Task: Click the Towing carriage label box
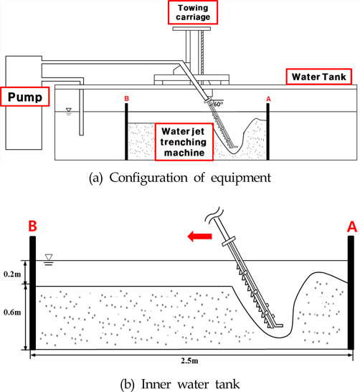point(193,12)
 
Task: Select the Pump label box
point(25,97)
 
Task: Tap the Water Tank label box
point(319,77)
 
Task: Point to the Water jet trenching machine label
point(184,142)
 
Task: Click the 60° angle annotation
point(218,104)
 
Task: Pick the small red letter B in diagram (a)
point(127,99)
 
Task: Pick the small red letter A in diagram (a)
point(268,99)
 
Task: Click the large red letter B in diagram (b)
point(32,226)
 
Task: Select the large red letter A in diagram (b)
point(352,227)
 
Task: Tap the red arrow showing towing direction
point(199,236)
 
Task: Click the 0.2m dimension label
point(12,274)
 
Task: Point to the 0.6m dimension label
point(12,312)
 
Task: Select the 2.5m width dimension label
point(189,360)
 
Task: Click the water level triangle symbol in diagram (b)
point(49,259)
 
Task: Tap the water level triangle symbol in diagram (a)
point(69,111)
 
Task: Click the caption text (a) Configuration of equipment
point(180,178)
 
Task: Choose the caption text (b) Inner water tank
point(180,384)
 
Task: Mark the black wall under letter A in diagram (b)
point(351,292)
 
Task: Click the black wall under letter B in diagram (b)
point(32,293)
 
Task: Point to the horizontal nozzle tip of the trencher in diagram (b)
point(280,325)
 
